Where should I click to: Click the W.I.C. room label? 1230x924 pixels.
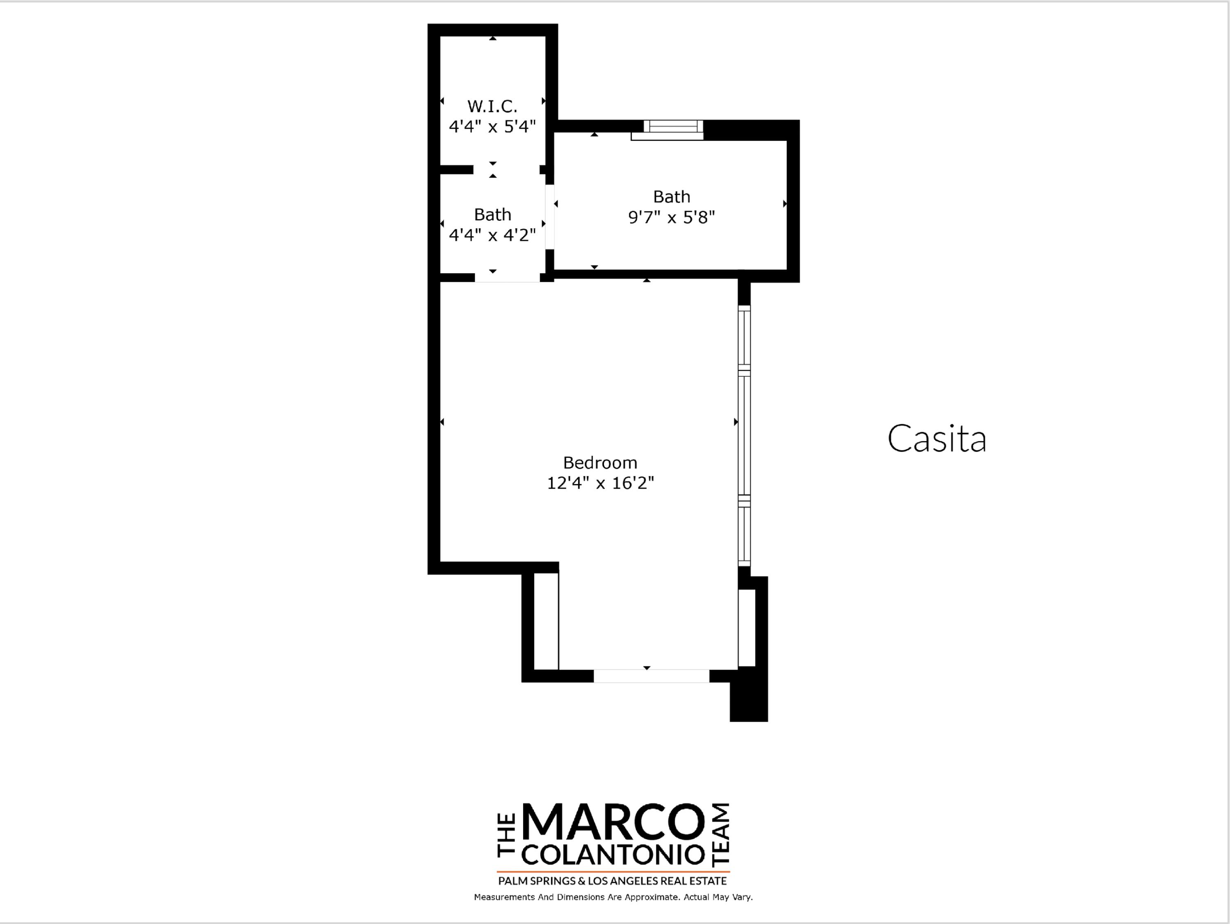[492, 106]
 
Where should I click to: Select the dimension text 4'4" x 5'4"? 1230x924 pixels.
[492, 127]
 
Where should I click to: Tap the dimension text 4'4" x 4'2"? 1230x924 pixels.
[492, 235]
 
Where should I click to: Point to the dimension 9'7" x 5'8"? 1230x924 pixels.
[671, 217]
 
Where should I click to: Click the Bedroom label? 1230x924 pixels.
[600, 462]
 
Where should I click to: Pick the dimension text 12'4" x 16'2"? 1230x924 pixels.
[600, 483]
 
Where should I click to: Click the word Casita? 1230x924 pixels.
[936, 439]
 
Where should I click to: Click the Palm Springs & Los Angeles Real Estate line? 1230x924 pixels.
[612, 881]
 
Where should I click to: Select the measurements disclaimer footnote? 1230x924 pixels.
[613, 897]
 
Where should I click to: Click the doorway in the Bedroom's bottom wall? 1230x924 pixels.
[651, 676]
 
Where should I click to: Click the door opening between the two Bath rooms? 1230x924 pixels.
[550, 217]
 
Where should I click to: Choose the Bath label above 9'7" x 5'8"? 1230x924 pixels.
[671, 197]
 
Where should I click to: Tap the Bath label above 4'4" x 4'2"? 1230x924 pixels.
[492, 215]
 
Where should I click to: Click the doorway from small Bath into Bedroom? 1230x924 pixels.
[507, 278]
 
